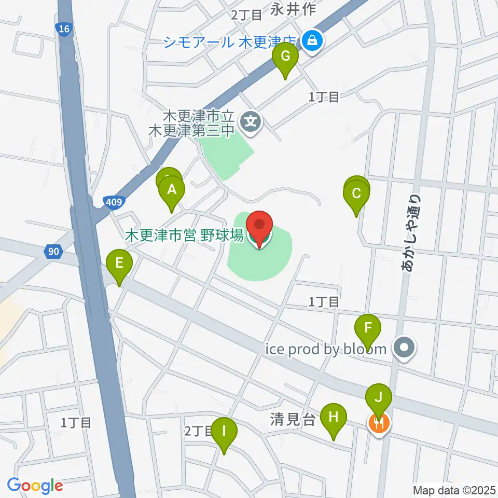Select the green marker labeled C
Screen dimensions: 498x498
(356, 194)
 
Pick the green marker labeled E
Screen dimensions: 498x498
(119, 263)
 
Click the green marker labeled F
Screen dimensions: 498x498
(368, 328)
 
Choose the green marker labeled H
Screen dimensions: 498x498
(333, 417)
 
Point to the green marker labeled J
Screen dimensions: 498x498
(379, 398)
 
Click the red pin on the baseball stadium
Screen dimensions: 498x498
(259, 226)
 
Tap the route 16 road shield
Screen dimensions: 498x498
(63, 30)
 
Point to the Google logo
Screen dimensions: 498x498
(35, 486)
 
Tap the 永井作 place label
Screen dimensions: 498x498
(290, 8)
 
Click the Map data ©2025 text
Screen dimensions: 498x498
(454, 490)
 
